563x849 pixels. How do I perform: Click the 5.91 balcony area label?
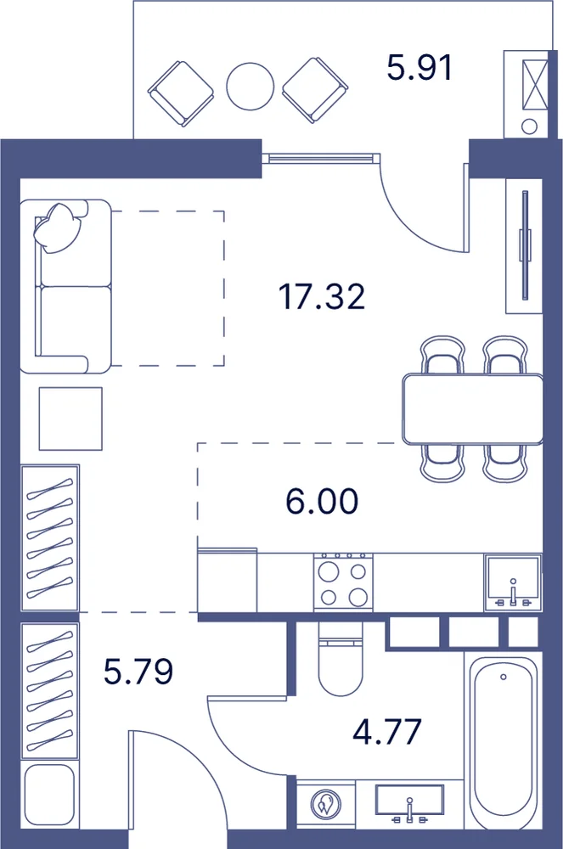(x=419, y=68)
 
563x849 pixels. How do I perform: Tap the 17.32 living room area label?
(x=322, y=296)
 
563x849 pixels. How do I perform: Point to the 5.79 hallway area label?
(x=138, y=672)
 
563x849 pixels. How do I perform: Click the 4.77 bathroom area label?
(x=386, y=732)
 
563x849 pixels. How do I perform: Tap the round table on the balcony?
(x=251, y=87)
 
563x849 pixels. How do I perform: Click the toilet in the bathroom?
(x=340, y=659)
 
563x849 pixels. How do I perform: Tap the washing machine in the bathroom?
(x=326, y=804)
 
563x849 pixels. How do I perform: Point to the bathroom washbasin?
(x=410, y=805)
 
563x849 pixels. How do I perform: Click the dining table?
(x=473, y=409)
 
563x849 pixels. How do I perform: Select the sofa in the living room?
(x=65, y=286)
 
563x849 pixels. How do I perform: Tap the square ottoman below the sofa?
(x=70, y=419)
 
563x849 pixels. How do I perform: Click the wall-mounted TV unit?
(x=524, y=245)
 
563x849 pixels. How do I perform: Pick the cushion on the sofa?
(x=58, y=228)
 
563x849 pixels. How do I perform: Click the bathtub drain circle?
(x=504, y=677)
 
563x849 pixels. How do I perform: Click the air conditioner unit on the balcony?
(x=529, y=94)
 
